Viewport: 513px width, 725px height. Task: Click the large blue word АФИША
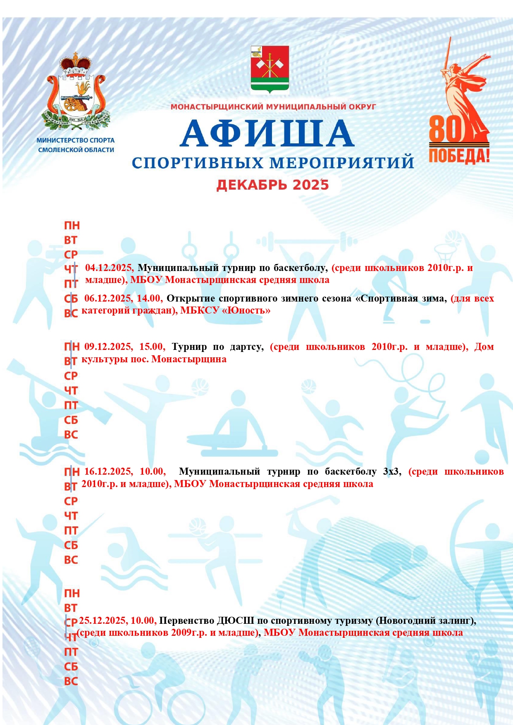267,133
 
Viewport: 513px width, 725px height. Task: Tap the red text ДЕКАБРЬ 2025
272,185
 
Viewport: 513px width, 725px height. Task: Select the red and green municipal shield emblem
270,69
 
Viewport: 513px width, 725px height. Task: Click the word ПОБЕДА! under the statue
459,156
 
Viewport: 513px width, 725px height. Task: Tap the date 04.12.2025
109,268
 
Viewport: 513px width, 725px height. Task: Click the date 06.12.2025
108,299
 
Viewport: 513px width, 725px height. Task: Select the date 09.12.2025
108,347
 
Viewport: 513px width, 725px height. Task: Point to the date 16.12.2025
108,472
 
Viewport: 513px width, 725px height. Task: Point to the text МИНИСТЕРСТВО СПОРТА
76,140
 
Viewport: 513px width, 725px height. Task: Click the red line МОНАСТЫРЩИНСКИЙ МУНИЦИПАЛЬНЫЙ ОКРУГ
273,107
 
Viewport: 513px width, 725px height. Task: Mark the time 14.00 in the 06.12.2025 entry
149,299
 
